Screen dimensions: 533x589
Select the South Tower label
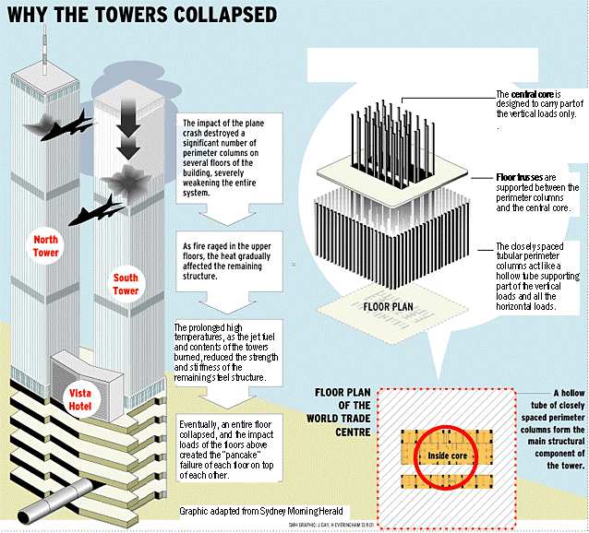(126, 284)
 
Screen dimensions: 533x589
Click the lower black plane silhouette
(95, 211)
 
